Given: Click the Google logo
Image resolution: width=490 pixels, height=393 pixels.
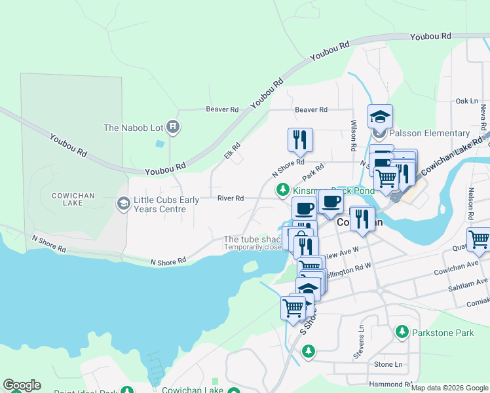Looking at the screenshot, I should (x=22, y=385).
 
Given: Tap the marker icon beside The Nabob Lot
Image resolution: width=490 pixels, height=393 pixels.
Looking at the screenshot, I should (x=172, y=127).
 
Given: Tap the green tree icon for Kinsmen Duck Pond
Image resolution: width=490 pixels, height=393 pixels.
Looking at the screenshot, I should (x=282, y=190).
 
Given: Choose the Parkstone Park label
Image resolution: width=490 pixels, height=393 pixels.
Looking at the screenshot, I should (x=443, y=333).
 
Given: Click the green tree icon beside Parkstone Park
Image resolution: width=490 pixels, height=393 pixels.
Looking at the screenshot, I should (x=403, y=333).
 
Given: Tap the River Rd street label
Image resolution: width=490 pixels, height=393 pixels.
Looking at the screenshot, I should (x=231, y=198).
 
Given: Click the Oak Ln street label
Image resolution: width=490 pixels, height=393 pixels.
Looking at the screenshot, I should (x=466, y=101).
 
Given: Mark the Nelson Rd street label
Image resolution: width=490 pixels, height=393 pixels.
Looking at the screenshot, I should (x=471, y=204).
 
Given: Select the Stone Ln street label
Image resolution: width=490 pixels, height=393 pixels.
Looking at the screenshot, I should (x=388, y=364).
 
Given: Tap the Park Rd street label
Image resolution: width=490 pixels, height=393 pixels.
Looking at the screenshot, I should (x=313, y=173).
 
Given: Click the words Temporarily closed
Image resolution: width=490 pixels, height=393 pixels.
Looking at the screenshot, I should (x=253, y=247).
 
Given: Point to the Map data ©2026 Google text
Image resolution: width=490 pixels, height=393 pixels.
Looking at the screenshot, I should (x=449, y=388).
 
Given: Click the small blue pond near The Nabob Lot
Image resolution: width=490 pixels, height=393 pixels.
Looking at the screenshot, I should (x=160, y=143).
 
